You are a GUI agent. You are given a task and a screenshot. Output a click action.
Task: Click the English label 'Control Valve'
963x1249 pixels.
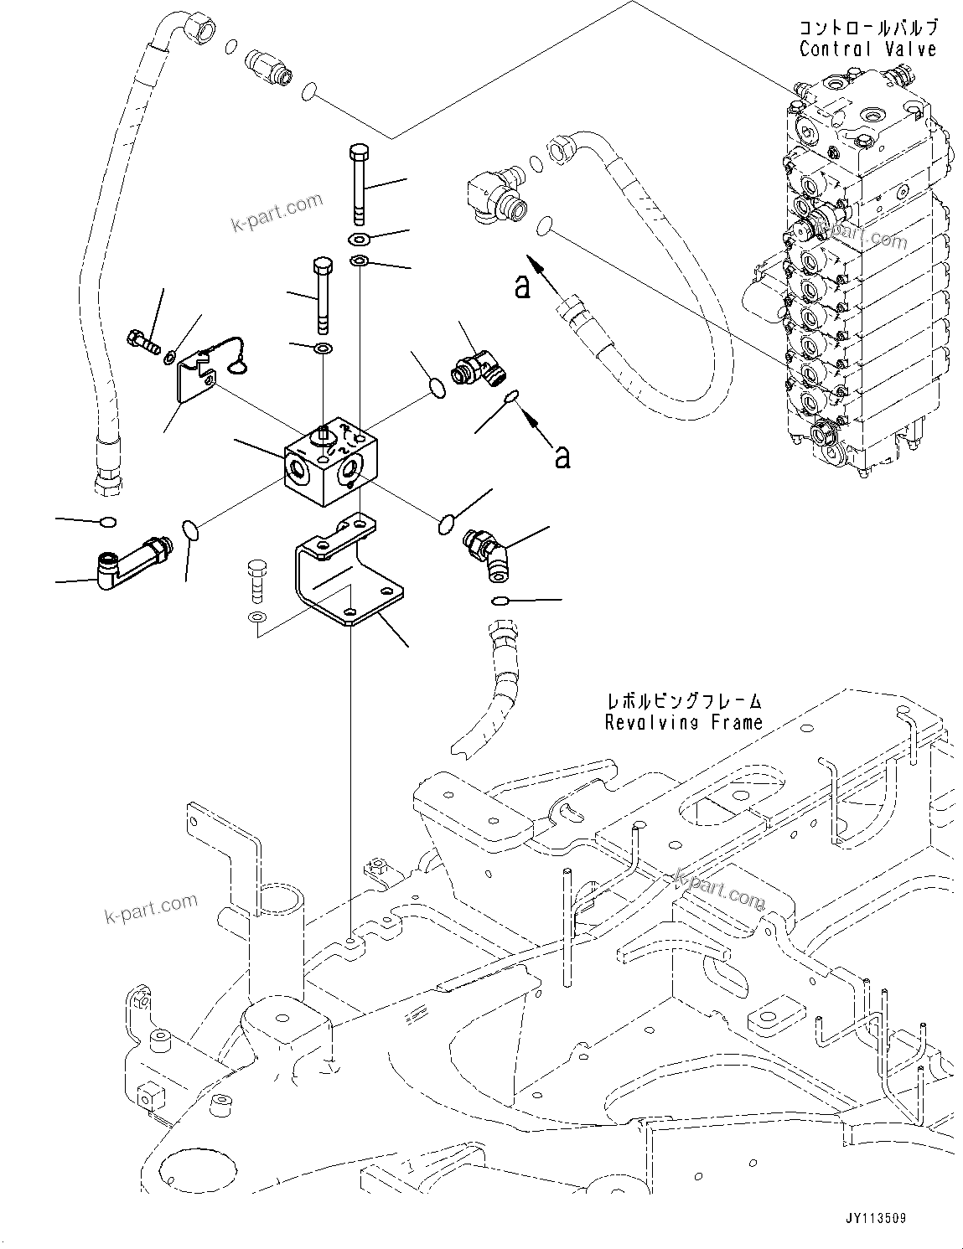pyautogui.click(x=867, y=49)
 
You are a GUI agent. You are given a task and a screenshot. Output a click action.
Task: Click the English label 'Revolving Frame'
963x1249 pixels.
pyautogui.click(x=684, y=721)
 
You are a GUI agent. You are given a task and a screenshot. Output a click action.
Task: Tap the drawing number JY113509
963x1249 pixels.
pyautogui.click(x=869, y=1220)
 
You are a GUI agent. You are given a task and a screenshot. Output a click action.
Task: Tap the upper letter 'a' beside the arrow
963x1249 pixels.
pyautogui.click(x=523, y=287)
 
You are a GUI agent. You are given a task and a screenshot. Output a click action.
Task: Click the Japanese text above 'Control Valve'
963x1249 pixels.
pyautogui.click(x=867, y=28)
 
